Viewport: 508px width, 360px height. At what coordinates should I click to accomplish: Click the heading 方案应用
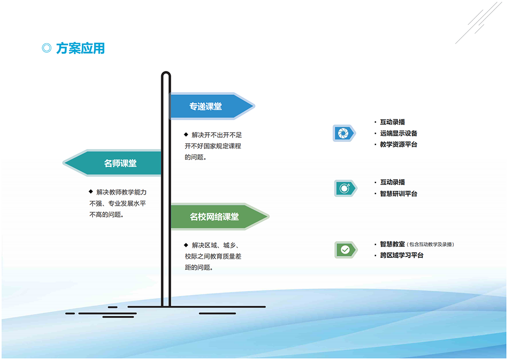[x=80, y=48]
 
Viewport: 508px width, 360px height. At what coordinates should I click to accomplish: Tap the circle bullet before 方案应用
[x=47, y=48]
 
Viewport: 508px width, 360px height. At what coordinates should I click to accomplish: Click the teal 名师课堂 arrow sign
[x=112, y=163]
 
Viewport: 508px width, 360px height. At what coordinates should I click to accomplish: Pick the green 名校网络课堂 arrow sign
[x=220, y=216]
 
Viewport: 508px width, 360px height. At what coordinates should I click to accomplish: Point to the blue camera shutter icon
[x=344, y=133]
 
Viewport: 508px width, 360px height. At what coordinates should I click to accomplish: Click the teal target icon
[x=345, y=188]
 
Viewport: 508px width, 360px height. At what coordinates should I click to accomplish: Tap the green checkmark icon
[x=346, y=250]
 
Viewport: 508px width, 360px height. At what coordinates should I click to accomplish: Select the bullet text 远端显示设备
[x=399, y=133]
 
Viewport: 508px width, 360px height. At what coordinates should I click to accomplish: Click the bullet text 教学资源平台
[x=399, y=144]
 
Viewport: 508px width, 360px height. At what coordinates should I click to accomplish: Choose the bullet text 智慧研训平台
[x=399, y=194]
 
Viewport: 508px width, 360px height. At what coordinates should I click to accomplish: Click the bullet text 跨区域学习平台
[x=402, y=255]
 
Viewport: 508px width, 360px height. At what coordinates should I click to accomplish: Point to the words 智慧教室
[x=392, y=244]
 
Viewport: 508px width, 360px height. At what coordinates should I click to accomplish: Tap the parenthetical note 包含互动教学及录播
[x=431, y=244]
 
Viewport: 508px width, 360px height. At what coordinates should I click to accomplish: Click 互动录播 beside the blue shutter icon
[x=392, y=122]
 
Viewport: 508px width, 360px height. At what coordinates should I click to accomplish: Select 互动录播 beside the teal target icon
[x=392, y=182]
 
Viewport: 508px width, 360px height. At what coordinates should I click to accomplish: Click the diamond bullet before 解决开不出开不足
[x=186, y=134]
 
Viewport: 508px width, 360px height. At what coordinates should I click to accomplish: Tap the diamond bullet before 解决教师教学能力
[x=91, y=192]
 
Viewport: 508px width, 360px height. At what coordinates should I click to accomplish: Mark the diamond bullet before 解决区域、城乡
[x=186, y=245]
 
